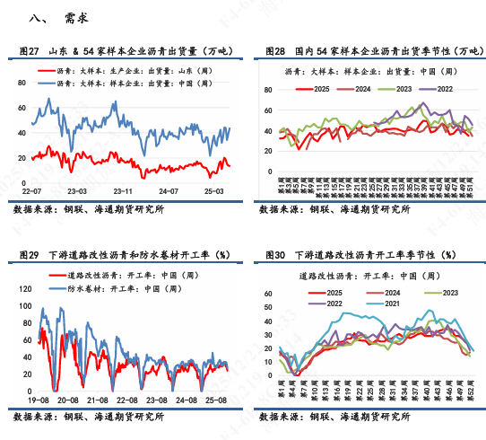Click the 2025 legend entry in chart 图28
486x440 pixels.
point(319,88)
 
